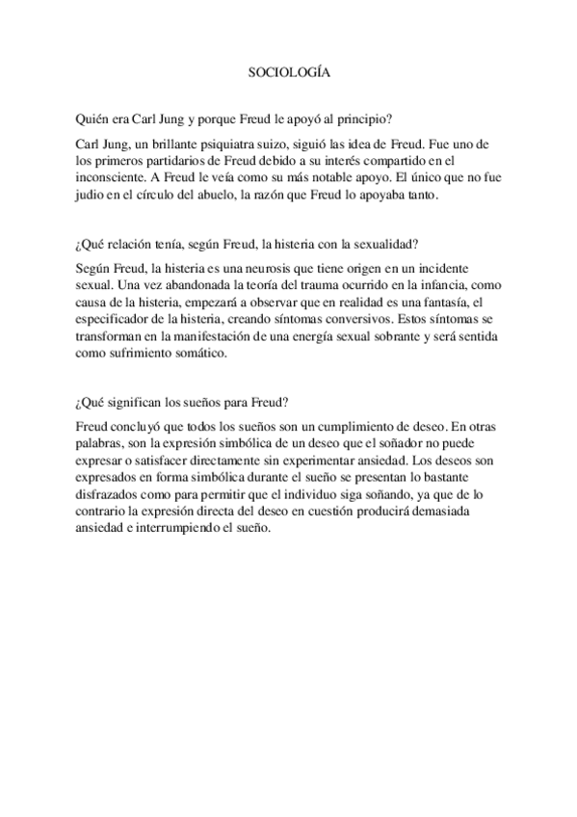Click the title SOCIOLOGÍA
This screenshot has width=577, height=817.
(x=289, y=72)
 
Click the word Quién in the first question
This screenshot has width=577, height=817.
(x=91, y=119)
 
